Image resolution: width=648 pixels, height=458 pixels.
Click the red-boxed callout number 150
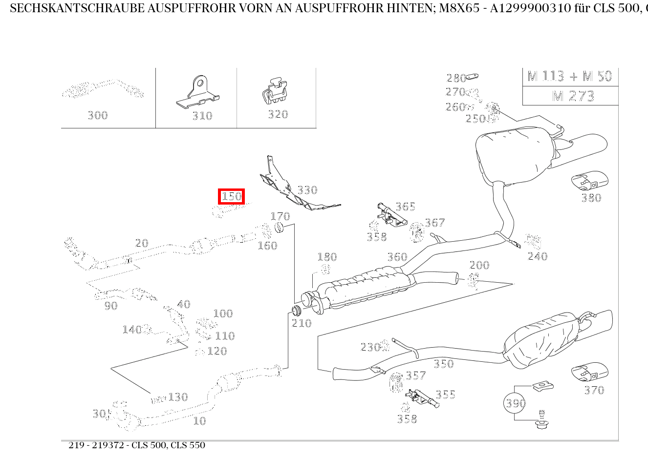pos(231,196)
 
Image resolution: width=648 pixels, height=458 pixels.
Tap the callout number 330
pos(307,190)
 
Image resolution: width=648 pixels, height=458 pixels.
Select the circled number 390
pos(515,403)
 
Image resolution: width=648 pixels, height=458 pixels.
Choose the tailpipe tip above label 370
pos(590,373)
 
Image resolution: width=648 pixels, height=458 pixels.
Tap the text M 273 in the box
pos(573,96)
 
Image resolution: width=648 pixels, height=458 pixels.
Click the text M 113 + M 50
pos(570,76)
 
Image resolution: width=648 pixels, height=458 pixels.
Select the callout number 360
pos(397,257)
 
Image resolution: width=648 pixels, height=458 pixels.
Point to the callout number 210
pos(302,323)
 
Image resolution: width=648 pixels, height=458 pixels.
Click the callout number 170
pos(280,216)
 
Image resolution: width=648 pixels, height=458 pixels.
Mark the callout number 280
pos(456,78)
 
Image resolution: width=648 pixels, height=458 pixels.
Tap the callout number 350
pos(443,364)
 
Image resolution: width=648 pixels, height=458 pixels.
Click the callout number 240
pos(538,256)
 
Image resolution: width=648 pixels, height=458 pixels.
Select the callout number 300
pos(98,116)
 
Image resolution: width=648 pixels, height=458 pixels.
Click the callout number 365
pos(405,207)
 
